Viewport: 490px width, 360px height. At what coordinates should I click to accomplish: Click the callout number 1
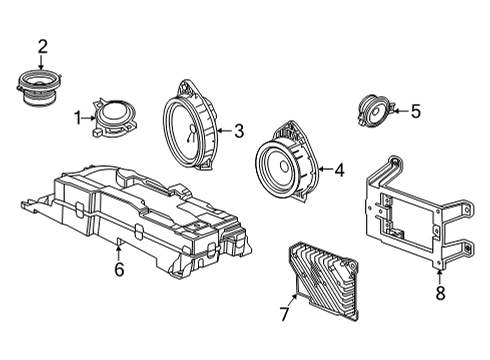77,117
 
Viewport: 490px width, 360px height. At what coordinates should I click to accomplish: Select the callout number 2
42,45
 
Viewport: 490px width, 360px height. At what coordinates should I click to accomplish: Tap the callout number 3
238,130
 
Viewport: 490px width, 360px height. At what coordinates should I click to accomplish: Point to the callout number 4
339,170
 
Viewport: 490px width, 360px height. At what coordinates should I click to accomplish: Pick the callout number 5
415,111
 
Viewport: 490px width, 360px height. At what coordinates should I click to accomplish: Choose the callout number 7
283,315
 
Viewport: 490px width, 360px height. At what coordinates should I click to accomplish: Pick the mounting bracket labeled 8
410,215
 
